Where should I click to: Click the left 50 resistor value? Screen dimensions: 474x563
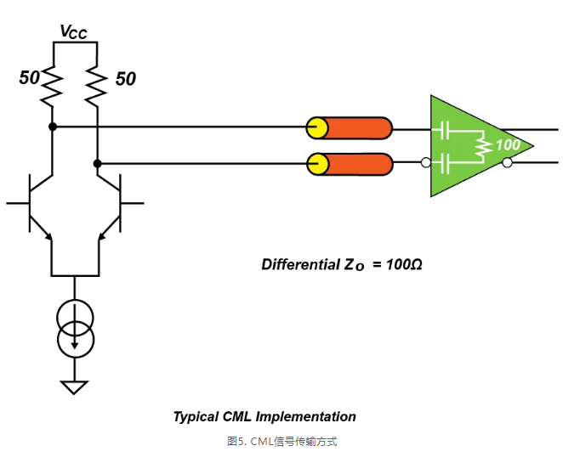pos(30,78)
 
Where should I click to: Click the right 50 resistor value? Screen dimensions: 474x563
pos(125,79)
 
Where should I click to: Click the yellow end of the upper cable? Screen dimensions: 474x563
pos(317,128)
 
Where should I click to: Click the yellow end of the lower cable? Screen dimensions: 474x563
pos(317,163)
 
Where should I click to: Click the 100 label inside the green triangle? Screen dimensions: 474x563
pos(507,145)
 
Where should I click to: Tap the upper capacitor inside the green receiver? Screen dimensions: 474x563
pos(443,131)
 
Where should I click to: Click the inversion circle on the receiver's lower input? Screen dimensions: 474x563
pos(425,163)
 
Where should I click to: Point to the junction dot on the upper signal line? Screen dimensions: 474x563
pos(53,127)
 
